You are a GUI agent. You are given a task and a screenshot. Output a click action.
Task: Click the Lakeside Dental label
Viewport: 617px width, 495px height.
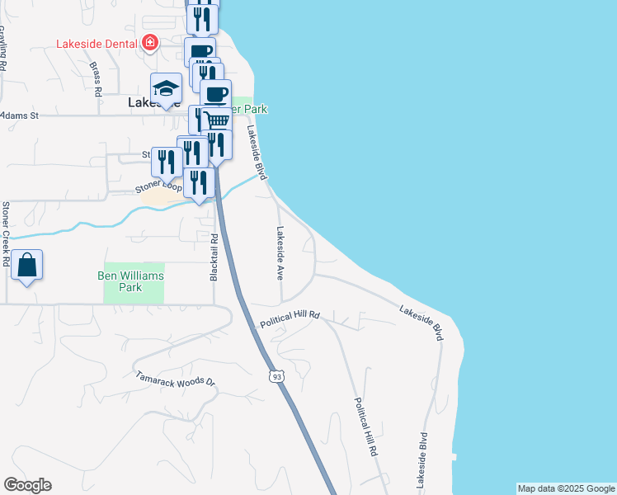click(x=96, y=44)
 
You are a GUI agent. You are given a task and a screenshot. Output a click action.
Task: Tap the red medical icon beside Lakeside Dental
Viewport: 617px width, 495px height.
click(x=149, y=43)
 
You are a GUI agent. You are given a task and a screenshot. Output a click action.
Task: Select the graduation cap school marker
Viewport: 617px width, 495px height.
click(x=166, y=89)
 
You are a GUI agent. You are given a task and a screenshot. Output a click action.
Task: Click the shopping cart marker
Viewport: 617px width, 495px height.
click(x=216, y=120)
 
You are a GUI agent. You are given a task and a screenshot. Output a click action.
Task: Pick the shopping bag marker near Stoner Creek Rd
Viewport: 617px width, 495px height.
click(x=27, y=266)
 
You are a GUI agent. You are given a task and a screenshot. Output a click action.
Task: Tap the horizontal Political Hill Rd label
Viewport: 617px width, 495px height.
click(x=290, y=319)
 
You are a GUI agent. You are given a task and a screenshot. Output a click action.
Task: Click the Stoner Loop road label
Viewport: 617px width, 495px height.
click(x=158, y=189)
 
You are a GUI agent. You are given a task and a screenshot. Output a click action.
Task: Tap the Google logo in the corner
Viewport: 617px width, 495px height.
click(x=27, y=485)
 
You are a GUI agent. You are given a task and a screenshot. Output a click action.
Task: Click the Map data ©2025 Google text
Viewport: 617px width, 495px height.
click(x=565, y=488)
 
